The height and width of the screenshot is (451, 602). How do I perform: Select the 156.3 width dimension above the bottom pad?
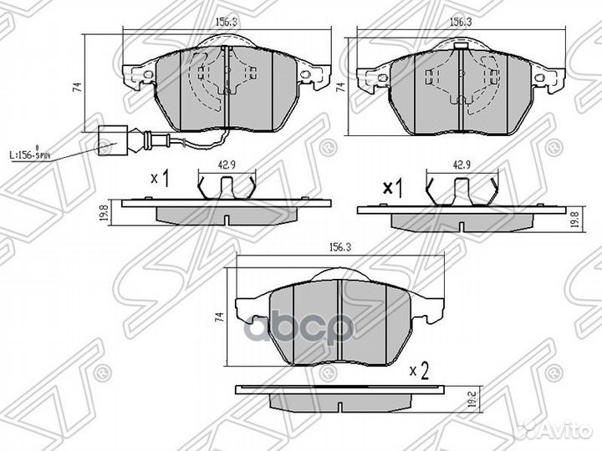click(x=338, y=248)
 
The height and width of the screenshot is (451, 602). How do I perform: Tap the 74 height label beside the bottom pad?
click(x=220, y=318)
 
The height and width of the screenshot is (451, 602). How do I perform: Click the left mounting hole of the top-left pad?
click(x=148, y=76)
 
